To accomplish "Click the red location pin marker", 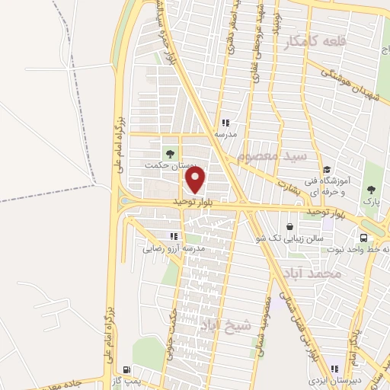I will (x=197, y=181).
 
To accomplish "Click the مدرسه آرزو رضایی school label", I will (x=174, y=248).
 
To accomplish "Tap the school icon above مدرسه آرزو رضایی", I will (x=174, y=236).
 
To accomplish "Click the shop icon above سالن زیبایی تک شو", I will (x=289, y=227).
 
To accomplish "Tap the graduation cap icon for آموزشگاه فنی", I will (x=327, y=170).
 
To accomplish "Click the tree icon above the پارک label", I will (x=370, y=190).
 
